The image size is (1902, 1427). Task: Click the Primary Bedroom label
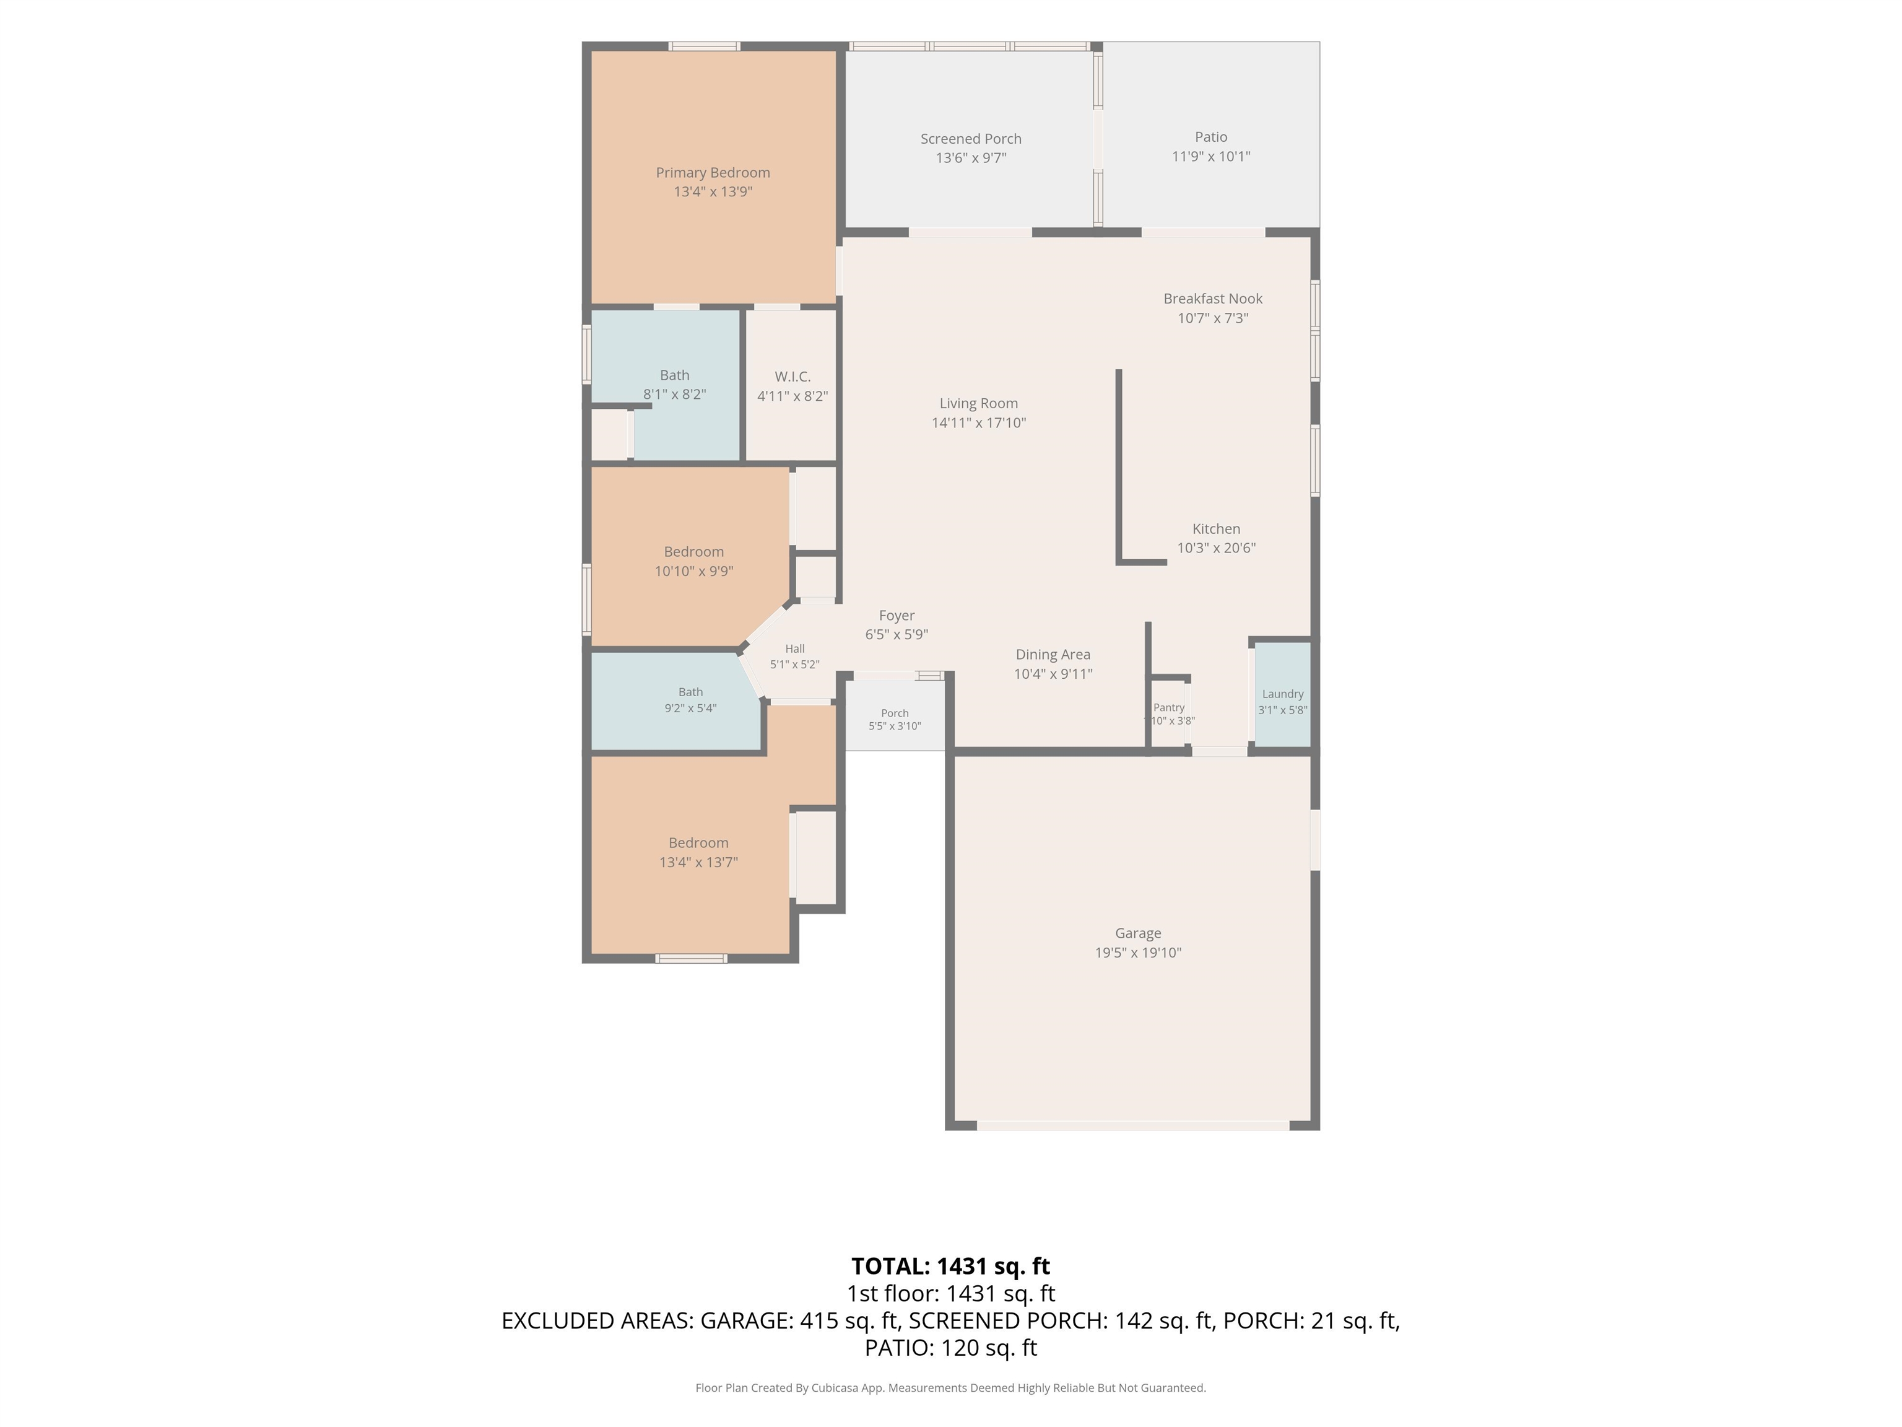tap(713, 173)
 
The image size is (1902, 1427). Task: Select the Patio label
tap(1210, 137)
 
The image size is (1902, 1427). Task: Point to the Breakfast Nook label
tap(1212, 299)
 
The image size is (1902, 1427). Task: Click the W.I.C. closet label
tap(792, 377)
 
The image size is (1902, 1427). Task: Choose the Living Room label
tap(978, 403)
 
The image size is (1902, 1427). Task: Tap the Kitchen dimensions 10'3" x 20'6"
tap(1216, 548)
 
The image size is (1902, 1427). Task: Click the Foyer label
tap(896, 616)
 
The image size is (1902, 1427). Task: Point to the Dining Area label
tap(1053, 655)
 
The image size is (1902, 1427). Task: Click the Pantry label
tap(1168, 708)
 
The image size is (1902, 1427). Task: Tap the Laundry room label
tap(1282, 694)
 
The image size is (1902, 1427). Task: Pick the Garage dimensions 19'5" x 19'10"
tap(1137, 952)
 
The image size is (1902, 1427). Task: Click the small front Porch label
tap(894, 713)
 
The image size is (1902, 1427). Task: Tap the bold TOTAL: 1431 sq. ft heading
tap(950, 1266)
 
